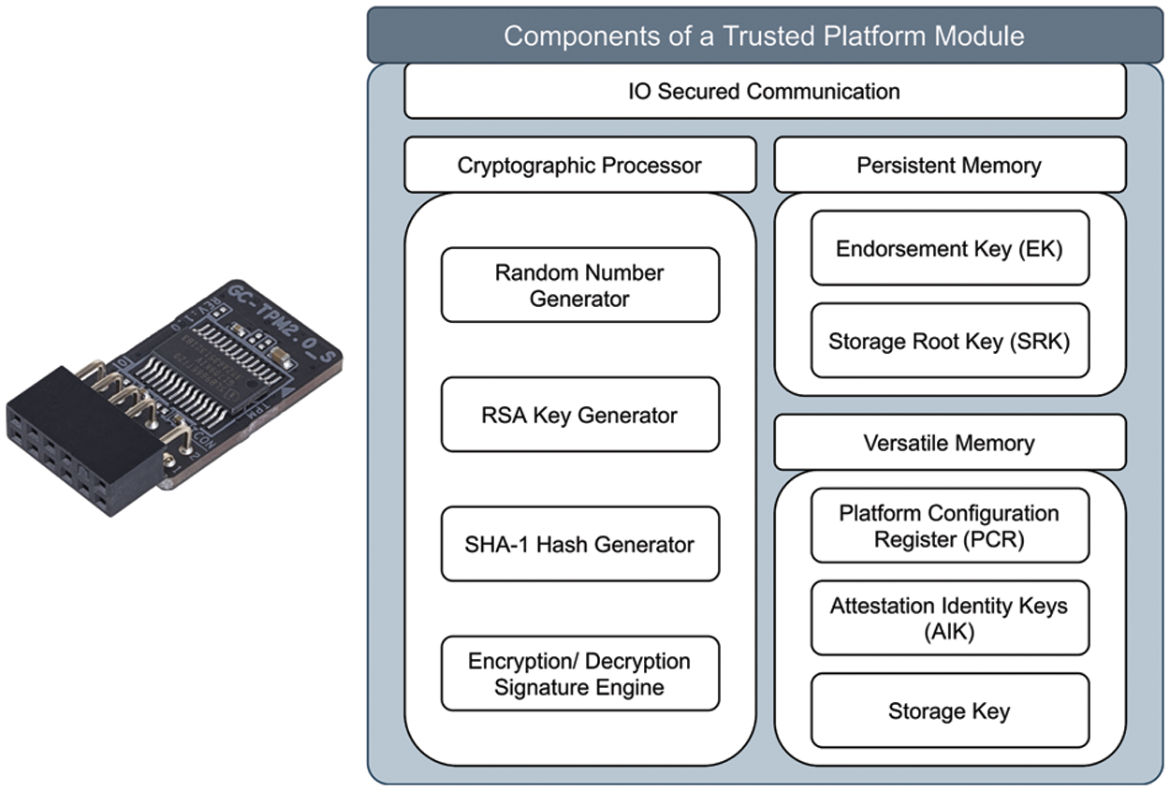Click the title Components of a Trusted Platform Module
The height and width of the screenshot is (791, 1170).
click(x=764, y=37)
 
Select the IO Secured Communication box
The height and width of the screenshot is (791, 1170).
click(x=764, y=92)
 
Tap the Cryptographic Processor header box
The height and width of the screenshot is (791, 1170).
click(x=579, y=166)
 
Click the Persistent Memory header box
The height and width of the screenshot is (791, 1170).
click(x=949, y=166)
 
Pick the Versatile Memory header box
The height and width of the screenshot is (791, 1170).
click(x=949, y=443)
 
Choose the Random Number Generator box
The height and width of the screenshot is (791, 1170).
click(x=579, y=286)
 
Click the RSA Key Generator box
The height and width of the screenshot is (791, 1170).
click(x=579, y=415)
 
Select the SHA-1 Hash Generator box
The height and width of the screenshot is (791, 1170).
click(x=579, y=544)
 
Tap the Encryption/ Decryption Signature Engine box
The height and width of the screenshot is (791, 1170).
click(x=579, y=674)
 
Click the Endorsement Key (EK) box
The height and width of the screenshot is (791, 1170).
click(x=949, y=248)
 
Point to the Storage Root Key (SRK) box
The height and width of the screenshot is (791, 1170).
click(x=949, y=341)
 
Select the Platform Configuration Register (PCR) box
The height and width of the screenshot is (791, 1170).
click(x=949, y=526)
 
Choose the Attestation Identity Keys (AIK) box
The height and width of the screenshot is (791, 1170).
click(x=949, y=618)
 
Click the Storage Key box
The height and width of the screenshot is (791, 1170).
click(x=949, y=711)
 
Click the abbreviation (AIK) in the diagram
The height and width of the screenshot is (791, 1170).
click(x=949, y=632)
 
